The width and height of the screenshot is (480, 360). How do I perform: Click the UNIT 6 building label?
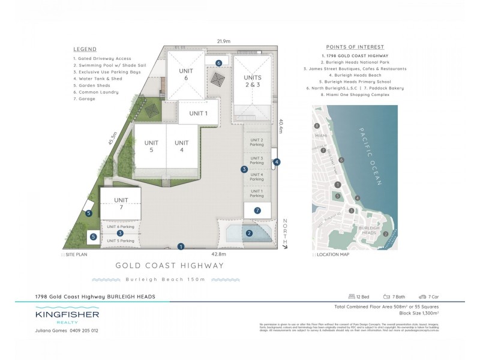tap(186, 74)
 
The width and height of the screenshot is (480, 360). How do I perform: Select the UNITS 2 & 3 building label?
tap(252, 82)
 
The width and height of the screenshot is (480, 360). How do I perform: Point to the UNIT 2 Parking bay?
tap(256, 142)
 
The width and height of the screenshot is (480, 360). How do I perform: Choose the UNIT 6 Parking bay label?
tap(121, 227)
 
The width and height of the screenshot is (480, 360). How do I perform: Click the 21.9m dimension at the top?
tap(224, 41)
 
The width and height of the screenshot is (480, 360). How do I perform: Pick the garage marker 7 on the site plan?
tap(257, 211)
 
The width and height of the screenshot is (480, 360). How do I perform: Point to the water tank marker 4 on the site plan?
tap(277, 162)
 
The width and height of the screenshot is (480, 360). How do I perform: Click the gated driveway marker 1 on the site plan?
tap(181, 246)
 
